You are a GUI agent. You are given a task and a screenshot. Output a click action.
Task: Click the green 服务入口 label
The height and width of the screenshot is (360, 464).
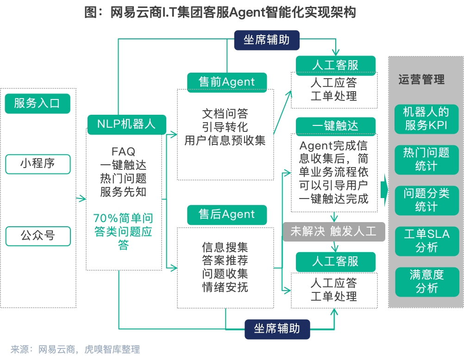coord(37,103)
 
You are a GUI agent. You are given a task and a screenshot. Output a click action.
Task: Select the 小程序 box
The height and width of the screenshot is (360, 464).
coord(38,164)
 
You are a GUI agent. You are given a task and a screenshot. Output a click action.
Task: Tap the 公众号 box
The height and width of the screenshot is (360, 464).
coord(38,236)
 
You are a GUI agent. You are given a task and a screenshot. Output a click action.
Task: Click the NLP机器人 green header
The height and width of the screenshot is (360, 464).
coord(126,124)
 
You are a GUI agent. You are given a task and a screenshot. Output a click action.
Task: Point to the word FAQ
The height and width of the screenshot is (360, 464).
coord(123,151)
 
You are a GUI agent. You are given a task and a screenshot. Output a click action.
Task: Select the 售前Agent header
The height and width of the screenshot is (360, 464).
coord(227,82)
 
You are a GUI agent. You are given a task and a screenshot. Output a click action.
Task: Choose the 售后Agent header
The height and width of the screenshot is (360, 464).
coord(227,214)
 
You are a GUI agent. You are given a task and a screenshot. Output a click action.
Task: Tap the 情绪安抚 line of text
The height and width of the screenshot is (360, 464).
coord(225,287)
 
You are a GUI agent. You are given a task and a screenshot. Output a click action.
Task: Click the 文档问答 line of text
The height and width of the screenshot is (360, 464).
coord(225,113)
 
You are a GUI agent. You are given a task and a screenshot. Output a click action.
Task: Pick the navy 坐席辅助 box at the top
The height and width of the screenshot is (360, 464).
coord(266,39)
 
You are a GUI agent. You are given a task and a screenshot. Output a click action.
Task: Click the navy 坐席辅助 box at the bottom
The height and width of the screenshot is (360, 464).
coord(277,329)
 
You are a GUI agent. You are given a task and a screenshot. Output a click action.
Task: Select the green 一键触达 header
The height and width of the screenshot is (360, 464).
coord(335,125)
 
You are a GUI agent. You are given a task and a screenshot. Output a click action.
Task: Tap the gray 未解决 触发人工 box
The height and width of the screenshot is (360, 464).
coord(334,231)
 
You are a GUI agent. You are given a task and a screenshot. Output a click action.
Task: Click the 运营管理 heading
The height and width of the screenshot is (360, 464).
coord(421,80)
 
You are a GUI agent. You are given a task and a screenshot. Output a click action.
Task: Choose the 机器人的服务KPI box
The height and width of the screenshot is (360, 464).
coord(426,118)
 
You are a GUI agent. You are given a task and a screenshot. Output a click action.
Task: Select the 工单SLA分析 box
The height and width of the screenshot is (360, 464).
coord(426,241)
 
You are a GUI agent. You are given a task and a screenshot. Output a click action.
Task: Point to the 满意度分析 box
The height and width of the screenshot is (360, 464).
coord(426,281)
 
